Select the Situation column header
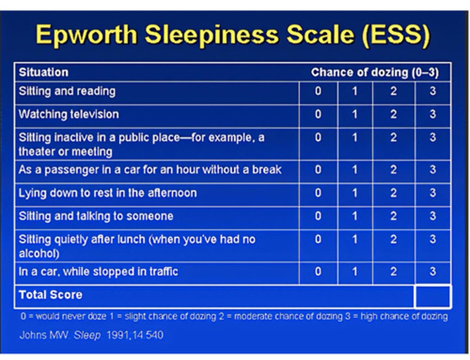click(x=44, y=72)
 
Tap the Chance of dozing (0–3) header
click(x=375, y=72)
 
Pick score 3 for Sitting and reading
click(x=433, y=91)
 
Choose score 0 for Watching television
click(x=318, y=114)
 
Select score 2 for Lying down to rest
click(x=394, y=193)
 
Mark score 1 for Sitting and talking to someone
click(x=355, y=216)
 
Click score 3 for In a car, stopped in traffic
click(x=433, y=272)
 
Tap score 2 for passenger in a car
click(x=394, y=170)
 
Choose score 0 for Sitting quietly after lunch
click(x=318, y=239)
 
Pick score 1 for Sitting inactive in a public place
click(x=355, y=137)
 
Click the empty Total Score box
click(x=432, y=296)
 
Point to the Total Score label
click(x=51, y=295)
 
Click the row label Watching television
click(x=69, y=114)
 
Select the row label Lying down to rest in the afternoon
click(x=108, y=193)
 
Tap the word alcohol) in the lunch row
click(x=39, y=254)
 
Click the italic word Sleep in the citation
click(x=87, y=335)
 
